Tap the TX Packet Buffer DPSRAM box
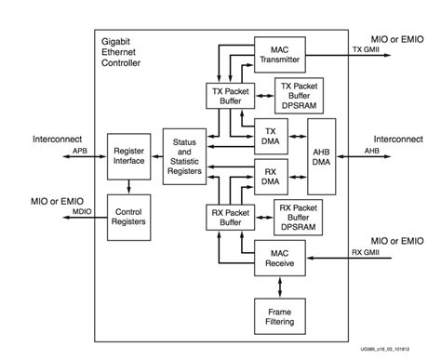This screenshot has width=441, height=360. [299, 96]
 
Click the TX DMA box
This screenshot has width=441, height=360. [273, 136]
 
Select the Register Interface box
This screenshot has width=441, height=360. [129, 154]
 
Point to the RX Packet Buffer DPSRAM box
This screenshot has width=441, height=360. [299, 217]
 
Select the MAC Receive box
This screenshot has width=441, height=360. [281, 257]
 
